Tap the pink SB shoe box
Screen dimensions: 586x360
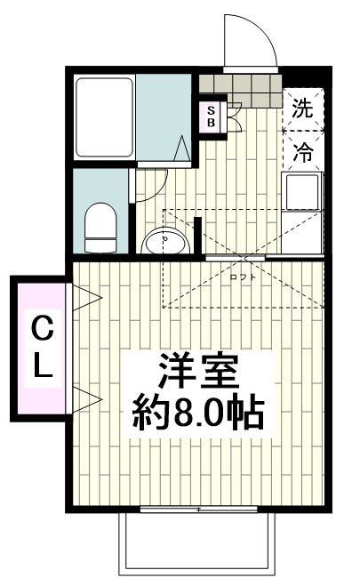point(212,116)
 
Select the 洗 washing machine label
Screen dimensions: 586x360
point(302,110)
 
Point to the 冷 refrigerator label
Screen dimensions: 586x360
point(302,152)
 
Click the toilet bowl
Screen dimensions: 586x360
point(100,226)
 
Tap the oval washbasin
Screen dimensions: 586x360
point(164,241)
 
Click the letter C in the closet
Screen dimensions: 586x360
point(41,330)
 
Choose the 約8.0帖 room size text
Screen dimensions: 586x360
point(201,413)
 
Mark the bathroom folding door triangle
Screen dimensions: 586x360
point(183,149)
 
